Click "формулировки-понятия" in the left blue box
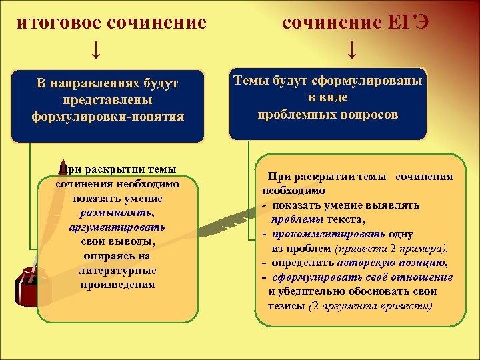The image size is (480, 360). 108,116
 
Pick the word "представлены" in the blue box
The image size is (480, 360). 108,100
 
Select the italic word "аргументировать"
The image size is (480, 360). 117,227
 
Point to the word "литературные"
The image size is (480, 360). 117,271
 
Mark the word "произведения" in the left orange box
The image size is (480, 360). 117,285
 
